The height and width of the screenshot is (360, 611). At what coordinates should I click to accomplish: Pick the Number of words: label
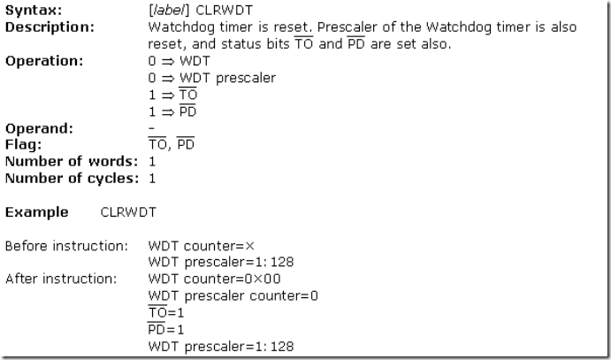[71, 161]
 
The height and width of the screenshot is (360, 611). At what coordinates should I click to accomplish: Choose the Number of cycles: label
[73, 178]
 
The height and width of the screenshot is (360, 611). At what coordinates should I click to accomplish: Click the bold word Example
[36, 212]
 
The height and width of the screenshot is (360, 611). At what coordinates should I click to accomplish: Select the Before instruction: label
[67, 245]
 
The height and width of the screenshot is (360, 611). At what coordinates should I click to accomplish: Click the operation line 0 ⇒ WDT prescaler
[212, 78]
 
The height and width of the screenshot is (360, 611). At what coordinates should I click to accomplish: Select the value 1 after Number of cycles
[152, 178]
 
